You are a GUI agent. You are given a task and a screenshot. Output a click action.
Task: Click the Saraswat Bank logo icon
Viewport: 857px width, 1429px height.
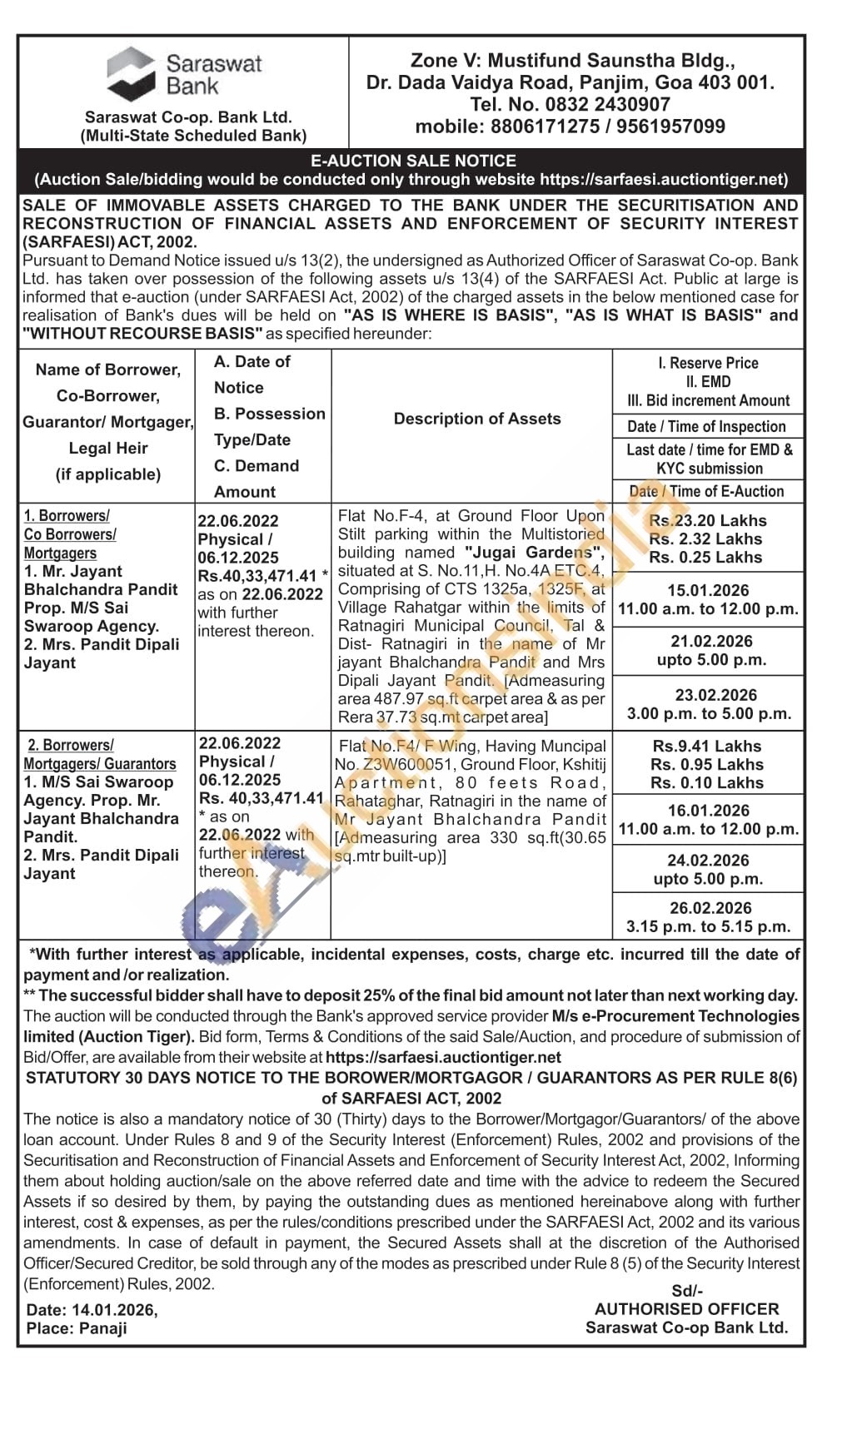[x=131, y=73]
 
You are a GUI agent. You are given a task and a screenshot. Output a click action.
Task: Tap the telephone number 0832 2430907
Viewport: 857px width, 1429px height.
[x=607, y=105]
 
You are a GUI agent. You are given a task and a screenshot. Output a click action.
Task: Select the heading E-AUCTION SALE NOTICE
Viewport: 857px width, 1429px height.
[x=413, y=161]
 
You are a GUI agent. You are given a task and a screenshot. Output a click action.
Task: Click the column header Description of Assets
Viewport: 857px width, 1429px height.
[x=477, y=419]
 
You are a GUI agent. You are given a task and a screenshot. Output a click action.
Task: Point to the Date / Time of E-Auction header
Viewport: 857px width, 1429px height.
[x=707, y=491]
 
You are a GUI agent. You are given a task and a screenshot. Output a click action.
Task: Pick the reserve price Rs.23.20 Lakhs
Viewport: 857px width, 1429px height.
[x=708, y=520]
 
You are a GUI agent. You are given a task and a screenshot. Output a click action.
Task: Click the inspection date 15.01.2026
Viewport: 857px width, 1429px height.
[x=708, y=590]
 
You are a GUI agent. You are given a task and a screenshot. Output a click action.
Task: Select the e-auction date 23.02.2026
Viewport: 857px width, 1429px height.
[x=715, y=695]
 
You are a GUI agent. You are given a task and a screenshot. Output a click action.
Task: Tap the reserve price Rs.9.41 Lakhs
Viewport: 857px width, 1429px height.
[x=707, y=747]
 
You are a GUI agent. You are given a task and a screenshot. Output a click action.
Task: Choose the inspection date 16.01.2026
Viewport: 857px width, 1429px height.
[x=708, y=811]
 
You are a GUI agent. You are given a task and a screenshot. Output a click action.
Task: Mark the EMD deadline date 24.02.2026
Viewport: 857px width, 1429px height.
[x=708, y=861]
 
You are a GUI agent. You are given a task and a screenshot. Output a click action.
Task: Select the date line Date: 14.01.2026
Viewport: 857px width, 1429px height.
[x=91, y=1310]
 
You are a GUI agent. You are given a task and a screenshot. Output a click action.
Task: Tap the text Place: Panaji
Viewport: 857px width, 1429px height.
[x=77, y=1328]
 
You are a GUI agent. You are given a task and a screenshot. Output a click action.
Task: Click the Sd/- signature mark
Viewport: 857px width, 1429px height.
[x=687, y=1291]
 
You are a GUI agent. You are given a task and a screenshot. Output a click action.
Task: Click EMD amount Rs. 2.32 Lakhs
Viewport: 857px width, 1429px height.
[x=707, y=538]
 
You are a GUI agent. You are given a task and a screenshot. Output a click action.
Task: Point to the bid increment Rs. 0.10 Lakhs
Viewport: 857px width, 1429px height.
[x=707, y=782]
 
